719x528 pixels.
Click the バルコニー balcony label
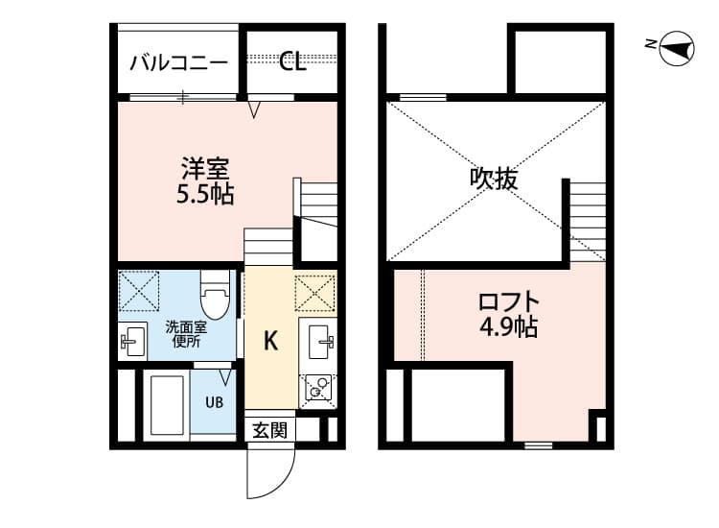pyautogui.click(x=178, y=63)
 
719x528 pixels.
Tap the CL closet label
pyautogui.click(x=292, y=63)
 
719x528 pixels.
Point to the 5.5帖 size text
pyautogui.click(x=205, y=195)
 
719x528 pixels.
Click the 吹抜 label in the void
pyautogui.click(x=494, y=179)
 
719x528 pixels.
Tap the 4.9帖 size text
pyautogui.click(x=508, y=327)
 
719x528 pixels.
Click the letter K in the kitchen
pyautogui.click(x=271, y=341)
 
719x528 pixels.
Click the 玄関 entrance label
pyautogui.click(x=269, y=430)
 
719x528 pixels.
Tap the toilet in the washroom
pyautogui.click(x=214, y=295)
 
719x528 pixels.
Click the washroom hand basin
pyautogui.click(x=132, y=340)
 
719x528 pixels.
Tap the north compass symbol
pyautogui.click(x=677, y=48)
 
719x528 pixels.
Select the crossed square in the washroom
pyautogui.click(x=138, y=291)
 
